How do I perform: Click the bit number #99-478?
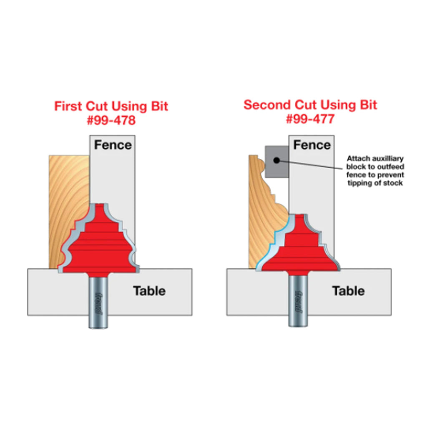[111, 120]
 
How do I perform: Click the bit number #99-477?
[310, 119]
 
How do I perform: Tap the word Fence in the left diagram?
[113, 145]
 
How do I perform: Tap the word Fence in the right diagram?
[312, 145]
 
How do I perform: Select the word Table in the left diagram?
[149, 291]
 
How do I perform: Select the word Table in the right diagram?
[348, 291]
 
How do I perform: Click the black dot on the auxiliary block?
[276, 161]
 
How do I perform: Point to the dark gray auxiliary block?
[277, 162]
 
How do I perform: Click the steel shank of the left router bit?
[98, 301]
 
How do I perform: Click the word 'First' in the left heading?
[68, 106]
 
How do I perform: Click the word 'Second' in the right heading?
[267, 105]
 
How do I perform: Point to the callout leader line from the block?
[310, 165]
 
